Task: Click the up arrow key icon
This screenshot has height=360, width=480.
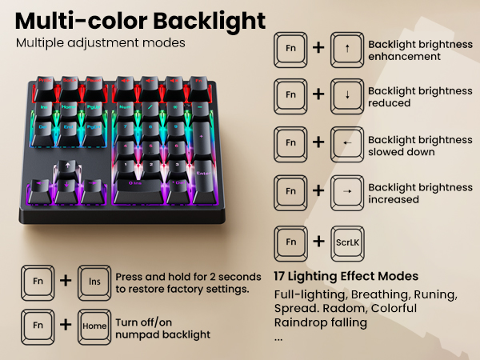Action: [x=346, y=47]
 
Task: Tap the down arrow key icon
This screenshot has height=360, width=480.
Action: [x=346, y=94]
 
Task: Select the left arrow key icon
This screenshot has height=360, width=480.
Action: [x=346, y=143]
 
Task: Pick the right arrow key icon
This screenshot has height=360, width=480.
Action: [x=346, y=191]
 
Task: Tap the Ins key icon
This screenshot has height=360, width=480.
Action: [x=94, y=281]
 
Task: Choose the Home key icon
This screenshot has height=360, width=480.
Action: [x=94, y=326]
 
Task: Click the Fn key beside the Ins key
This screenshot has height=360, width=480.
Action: [x=38, y=281]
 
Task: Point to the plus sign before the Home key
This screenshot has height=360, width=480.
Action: [x=66, y=326]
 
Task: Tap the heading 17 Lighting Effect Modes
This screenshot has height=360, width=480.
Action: [x=346, y=276]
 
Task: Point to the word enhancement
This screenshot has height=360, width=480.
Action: [x=404, y=57]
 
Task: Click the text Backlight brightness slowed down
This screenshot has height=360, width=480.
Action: [x=419, y=146]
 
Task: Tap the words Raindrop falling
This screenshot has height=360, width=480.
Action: [x=320, y=322]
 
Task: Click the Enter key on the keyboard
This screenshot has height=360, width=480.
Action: [x=202, y=170]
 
